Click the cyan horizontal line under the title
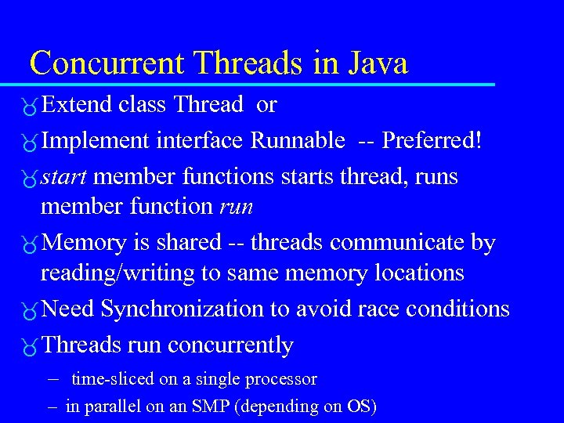[x=258, y=84]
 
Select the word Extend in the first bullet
[x=78, y=104]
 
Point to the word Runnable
[x=298, y=140]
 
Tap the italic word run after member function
[x=236, y=207]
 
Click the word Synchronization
[x=183, y=309]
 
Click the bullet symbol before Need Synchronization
[x=30, y=311]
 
